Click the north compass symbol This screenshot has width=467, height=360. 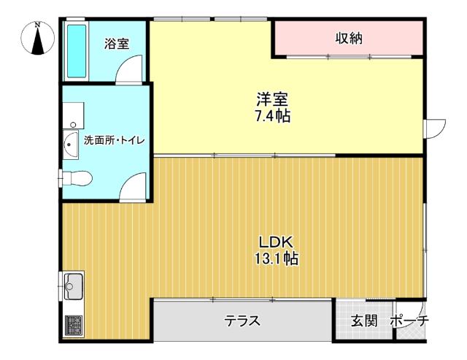pos(37,38)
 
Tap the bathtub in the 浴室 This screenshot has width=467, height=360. pos(77,51)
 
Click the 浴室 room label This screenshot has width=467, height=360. pos(117,44)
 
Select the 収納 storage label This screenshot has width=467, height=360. pos(349,38)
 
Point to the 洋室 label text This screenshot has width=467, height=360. pos(272,99)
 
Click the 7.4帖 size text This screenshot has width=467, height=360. pos(272,116)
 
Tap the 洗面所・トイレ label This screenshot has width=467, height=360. pos(114,140)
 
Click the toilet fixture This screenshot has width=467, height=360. pos(76,178)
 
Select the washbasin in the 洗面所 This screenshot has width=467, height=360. pos(71,145)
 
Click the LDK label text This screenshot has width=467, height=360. pos(277,242)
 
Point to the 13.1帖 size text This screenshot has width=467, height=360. pos(276,258)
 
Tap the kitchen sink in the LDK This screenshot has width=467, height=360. pos(73,286)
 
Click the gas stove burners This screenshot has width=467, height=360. pos(73,325)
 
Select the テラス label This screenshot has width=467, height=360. pos(242,321)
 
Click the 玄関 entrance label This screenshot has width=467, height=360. pos(364,321)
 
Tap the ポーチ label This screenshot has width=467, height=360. pos(409,321)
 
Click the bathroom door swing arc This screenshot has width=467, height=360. pos(125,63)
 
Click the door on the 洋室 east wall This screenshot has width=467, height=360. pos(434,129)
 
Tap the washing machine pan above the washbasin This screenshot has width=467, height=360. pos(73,115)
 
